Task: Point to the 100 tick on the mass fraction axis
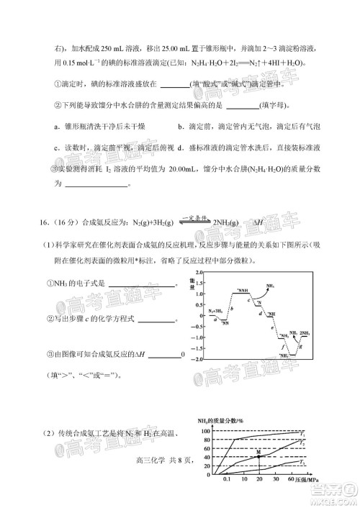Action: coord(204,430)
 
